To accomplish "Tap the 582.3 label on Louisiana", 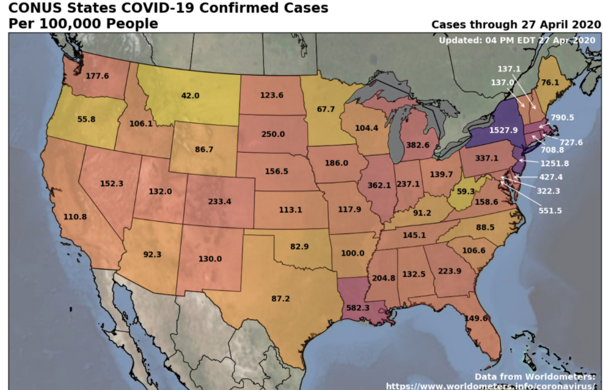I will point(357,307).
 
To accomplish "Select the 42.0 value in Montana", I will point(191,96).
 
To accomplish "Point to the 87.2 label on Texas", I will point(280,298).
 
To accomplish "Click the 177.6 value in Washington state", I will point(97,76).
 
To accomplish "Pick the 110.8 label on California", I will point(75,217).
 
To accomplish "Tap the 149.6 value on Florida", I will point(475,318).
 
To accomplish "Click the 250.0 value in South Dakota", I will point(272,134).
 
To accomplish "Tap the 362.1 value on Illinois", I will point(379,185).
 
